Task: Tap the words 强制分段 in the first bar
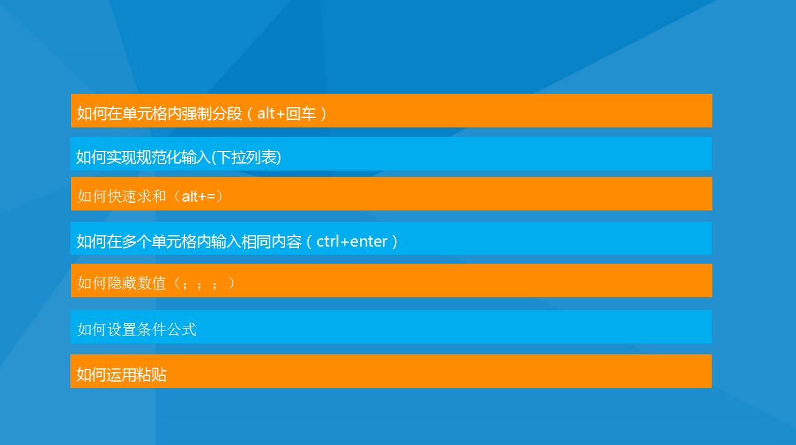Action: click(212, 114)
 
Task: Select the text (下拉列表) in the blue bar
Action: click(246, 157)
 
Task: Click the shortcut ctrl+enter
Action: click(352, 242)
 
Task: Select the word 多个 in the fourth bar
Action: click(137, 242)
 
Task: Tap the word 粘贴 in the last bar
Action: click(151, 375)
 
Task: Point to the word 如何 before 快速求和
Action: click(92, 197)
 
